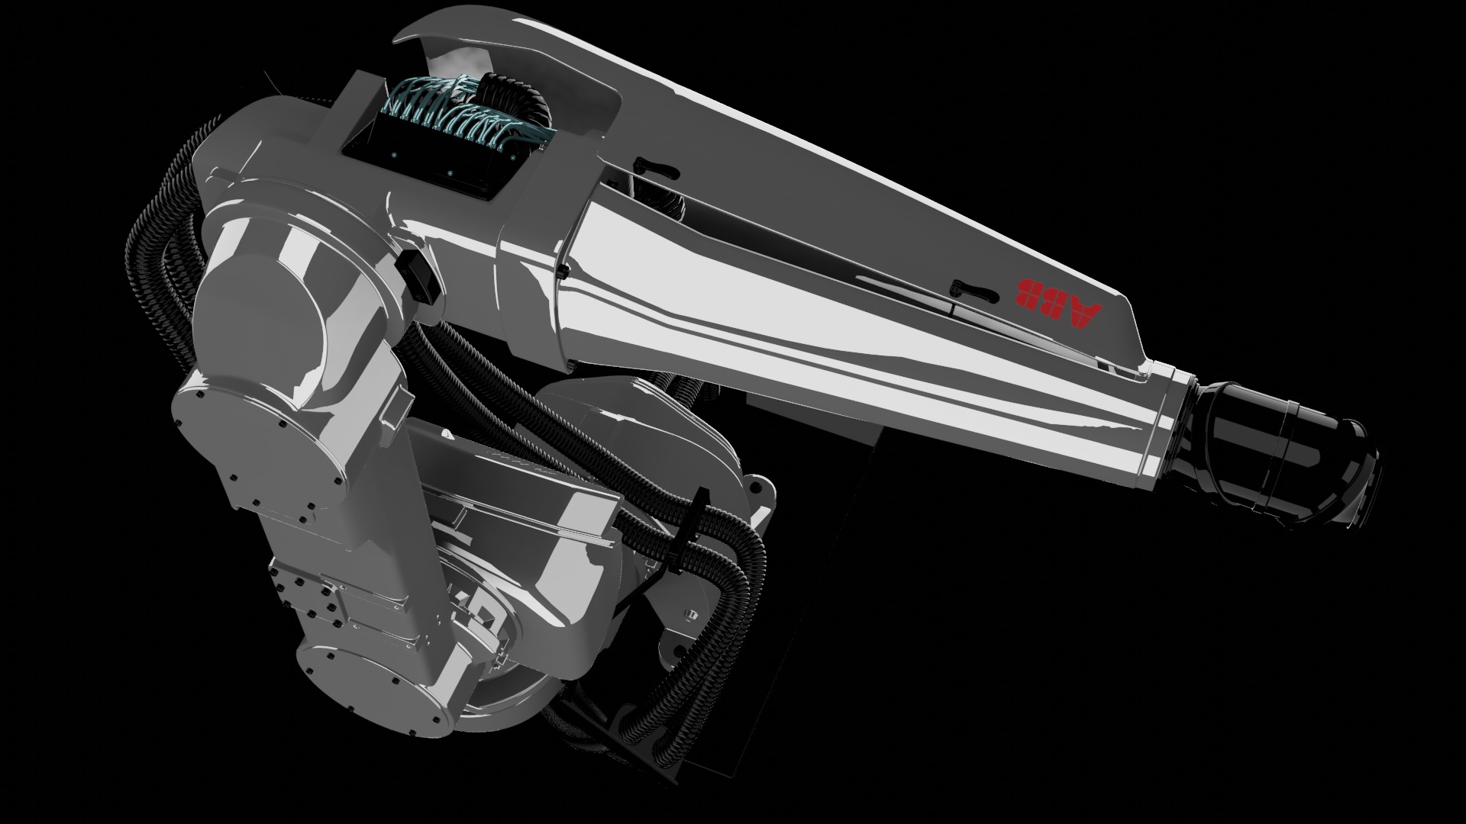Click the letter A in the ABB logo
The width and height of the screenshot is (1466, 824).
tap(1087, 314)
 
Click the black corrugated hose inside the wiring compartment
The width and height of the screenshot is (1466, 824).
tap(527, 99)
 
